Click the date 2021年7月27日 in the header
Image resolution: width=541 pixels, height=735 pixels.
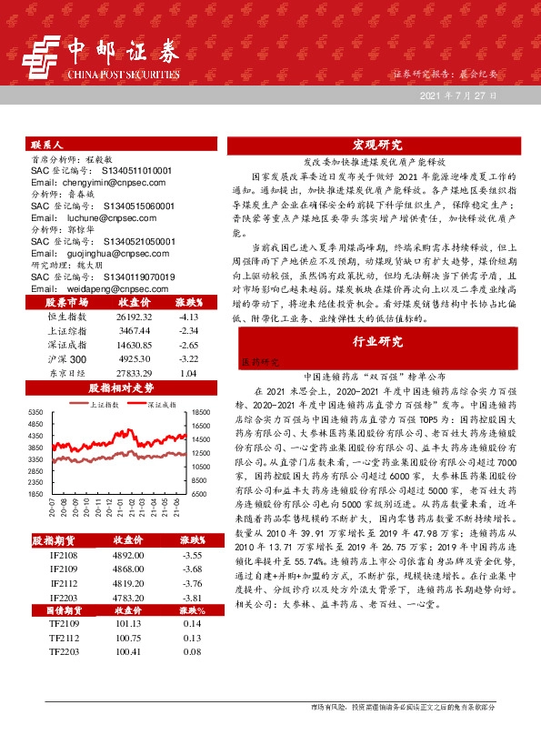click(458, 96)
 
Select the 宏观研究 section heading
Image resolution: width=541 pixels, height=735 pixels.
click(376, 145)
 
